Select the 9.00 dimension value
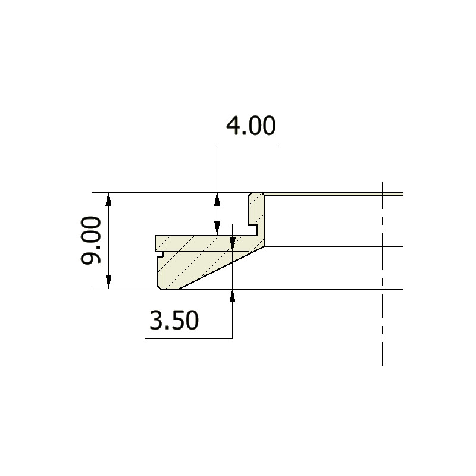(93, 240)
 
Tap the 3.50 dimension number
(173, 321)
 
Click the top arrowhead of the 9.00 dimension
(108, 198)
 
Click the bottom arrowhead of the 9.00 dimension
(108, 283)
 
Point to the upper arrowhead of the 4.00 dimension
(217, 198)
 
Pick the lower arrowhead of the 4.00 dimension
(217, 228)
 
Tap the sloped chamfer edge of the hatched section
(220, 268)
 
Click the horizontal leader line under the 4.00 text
(248, 143)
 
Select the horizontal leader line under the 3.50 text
(188, 339)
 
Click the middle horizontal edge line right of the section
(333, 246)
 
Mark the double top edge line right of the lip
(333, 194)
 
